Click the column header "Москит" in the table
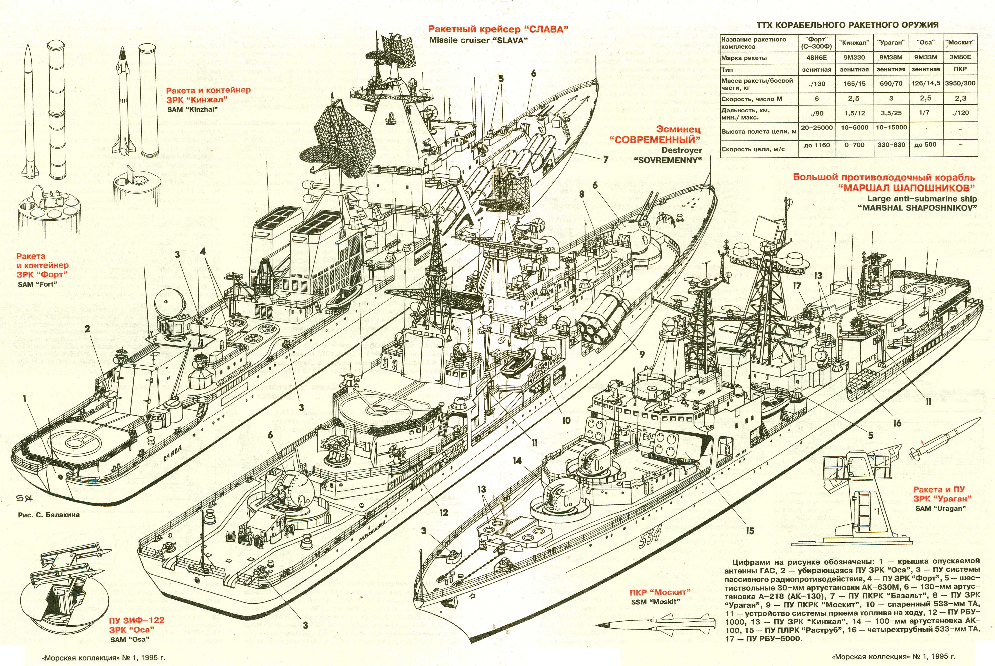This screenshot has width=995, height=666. [x=960, y=42]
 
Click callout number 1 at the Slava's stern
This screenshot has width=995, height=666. [x=25, y=398]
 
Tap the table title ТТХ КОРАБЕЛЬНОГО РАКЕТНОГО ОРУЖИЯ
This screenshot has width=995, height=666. [x=848, y=25]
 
